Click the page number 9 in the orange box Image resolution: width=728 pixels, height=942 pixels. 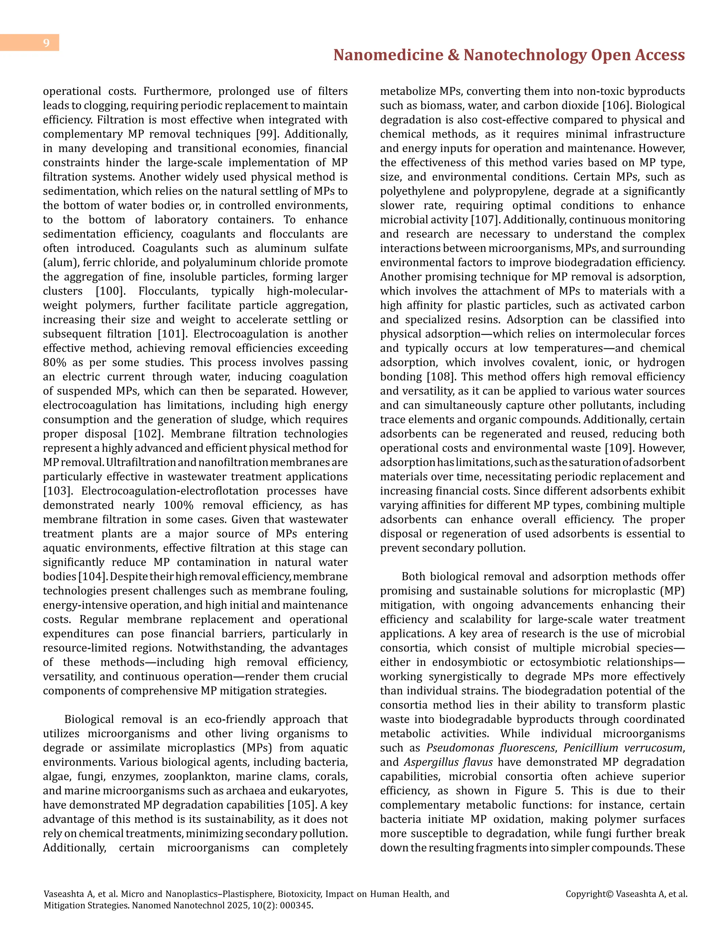pyautogui.click(x=46, y=43)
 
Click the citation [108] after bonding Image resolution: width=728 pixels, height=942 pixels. pyautogui.click(x=441, y=376)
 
